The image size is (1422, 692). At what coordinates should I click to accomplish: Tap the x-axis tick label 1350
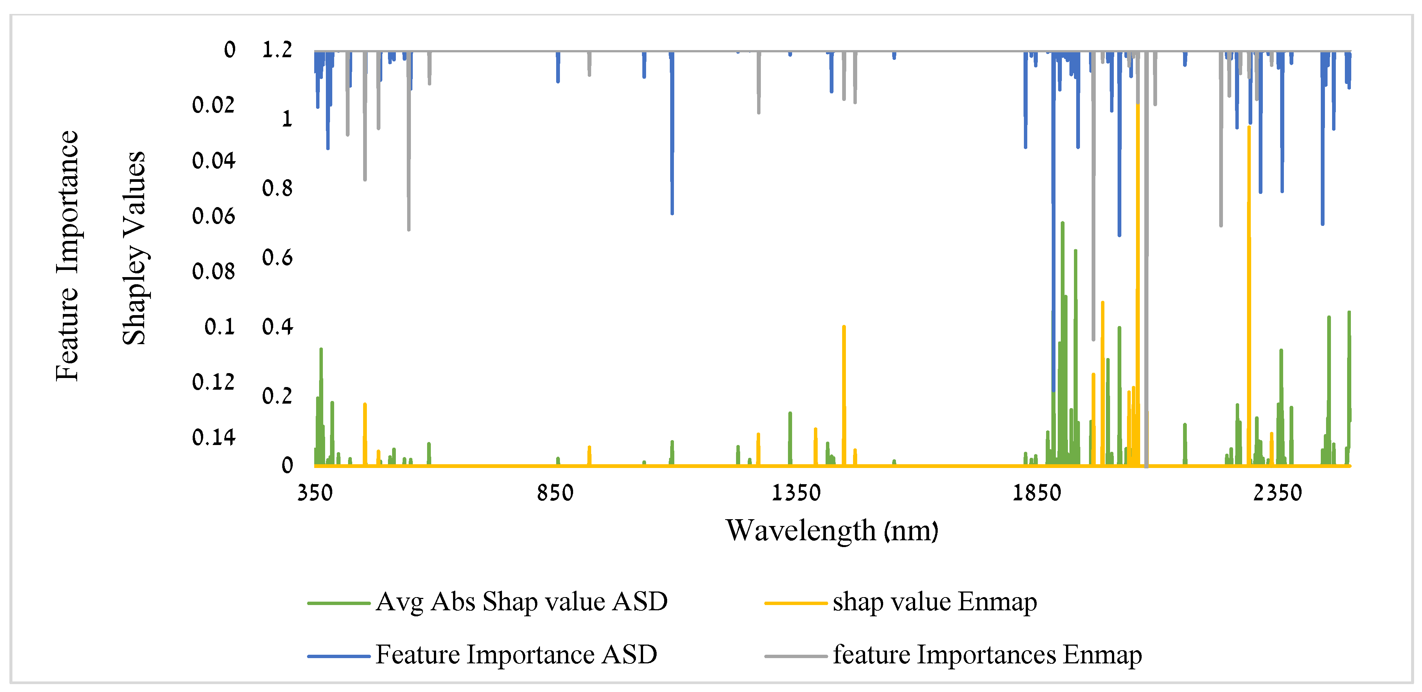(795, 492)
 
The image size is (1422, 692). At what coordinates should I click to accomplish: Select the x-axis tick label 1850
(1036, 492)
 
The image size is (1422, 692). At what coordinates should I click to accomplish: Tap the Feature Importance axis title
(67, 256)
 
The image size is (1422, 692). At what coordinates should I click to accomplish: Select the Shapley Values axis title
(134, 248)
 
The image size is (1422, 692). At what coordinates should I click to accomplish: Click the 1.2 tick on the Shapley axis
(277, 50)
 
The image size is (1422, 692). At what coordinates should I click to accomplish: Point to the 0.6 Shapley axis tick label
(277, 258)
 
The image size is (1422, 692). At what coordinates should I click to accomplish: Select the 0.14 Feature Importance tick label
(214, 437)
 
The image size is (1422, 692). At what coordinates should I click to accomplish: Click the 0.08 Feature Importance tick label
(214, 271)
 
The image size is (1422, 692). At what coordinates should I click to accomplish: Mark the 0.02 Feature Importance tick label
(214, 105)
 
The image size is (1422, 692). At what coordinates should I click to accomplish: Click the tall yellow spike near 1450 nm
(844, 387)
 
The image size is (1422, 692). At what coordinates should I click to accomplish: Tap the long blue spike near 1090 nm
(672, 138)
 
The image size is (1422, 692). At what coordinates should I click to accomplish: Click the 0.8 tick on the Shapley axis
(277, 188)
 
